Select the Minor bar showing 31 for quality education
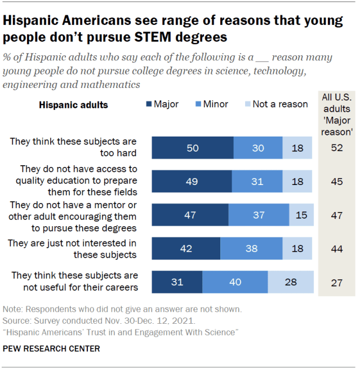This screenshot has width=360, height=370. coord(257,182)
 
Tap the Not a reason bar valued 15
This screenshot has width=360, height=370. coord(301,215)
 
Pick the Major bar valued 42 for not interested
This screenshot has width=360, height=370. coord(186,249)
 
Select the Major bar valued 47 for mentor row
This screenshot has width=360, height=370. coord(190,215)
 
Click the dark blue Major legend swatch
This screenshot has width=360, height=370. coord(149,104)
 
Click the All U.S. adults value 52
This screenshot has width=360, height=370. coord(336,148)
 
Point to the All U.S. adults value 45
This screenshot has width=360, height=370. coord(336,182)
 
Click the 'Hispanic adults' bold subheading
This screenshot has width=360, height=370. coord(73,105)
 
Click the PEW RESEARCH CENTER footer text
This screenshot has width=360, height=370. coord(52,349)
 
